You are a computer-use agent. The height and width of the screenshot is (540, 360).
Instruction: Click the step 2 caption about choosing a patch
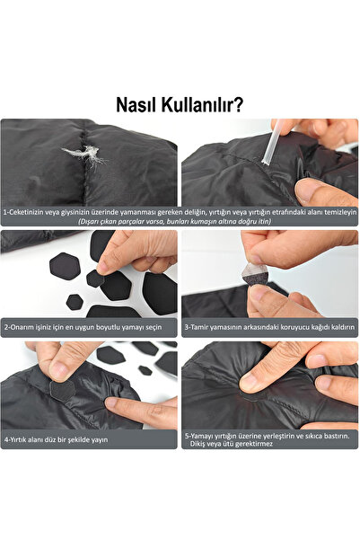point(70,327)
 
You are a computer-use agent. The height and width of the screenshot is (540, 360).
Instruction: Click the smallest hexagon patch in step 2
point(75,302)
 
